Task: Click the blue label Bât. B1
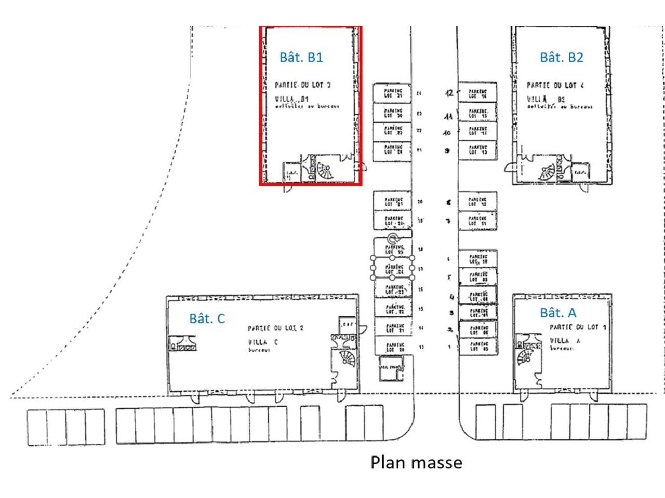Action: [301, 57]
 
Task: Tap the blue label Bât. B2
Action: [561, 57]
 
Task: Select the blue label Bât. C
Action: [207, 319]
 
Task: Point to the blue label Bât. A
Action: [558, 313]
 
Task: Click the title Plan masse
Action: [416, 462]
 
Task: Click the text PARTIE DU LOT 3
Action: [302, 85]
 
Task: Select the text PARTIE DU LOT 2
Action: [275, 328]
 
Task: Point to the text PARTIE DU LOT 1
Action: [578, 327]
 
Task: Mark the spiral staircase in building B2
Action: [547, 172]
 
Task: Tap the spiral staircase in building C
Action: [346, 358]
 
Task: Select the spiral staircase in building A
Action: [524, 357]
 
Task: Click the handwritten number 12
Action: [449, 93]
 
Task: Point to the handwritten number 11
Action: [448, 116]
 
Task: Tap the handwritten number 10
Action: [447, 133]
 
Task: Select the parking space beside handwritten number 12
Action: [478, 93]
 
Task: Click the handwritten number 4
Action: [451, 297]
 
